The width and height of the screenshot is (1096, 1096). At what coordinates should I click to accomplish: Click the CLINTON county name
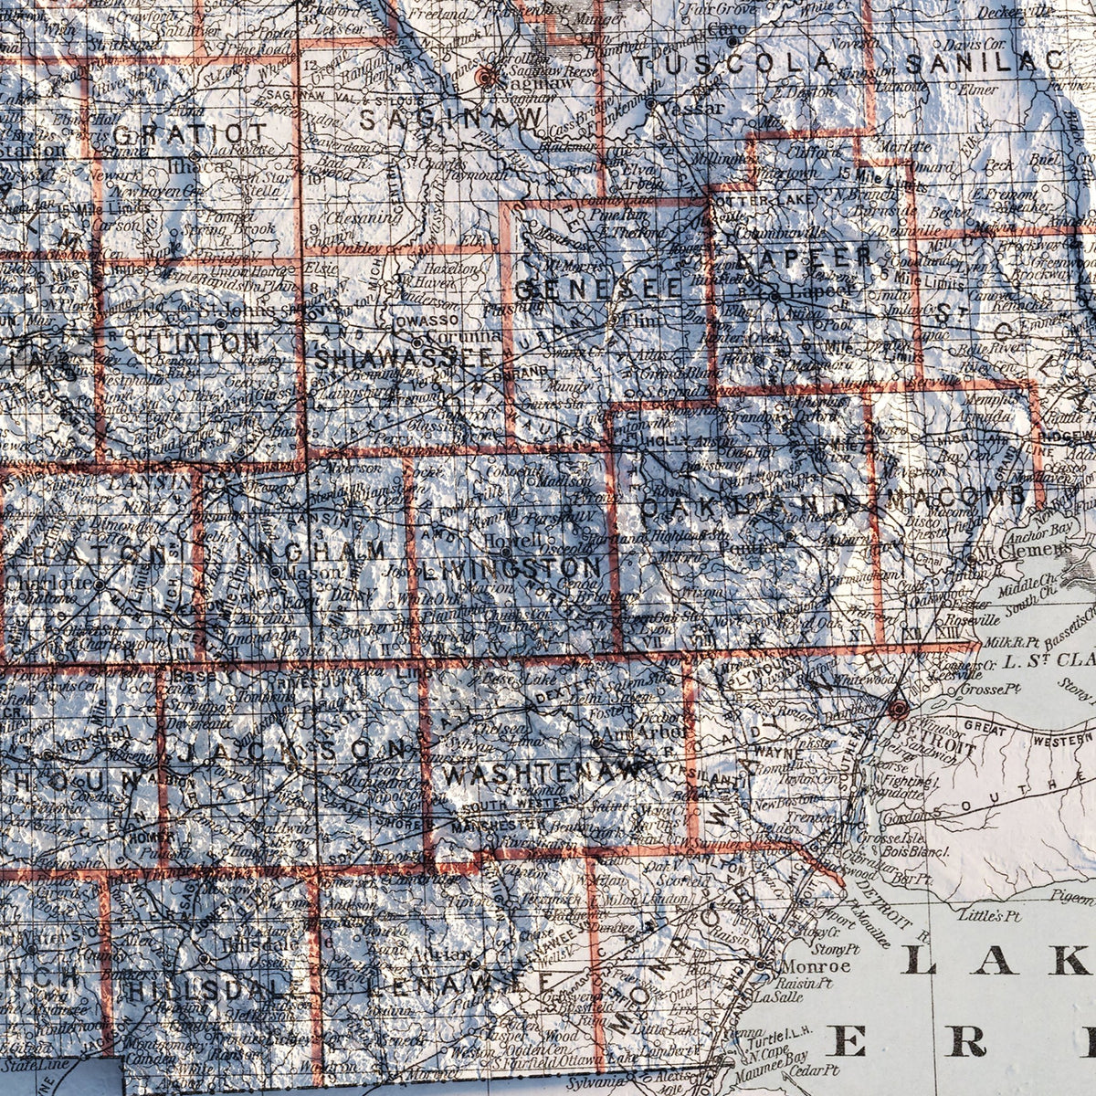196,343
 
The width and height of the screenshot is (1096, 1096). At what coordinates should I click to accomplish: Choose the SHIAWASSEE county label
404,359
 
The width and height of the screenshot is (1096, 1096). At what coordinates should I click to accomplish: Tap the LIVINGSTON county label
512,570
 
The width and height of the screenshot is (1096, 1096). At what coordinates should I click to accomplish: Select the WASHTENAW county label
544,773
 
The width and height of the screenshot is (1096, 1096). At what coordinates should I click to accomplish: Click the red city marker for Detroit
899,708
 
